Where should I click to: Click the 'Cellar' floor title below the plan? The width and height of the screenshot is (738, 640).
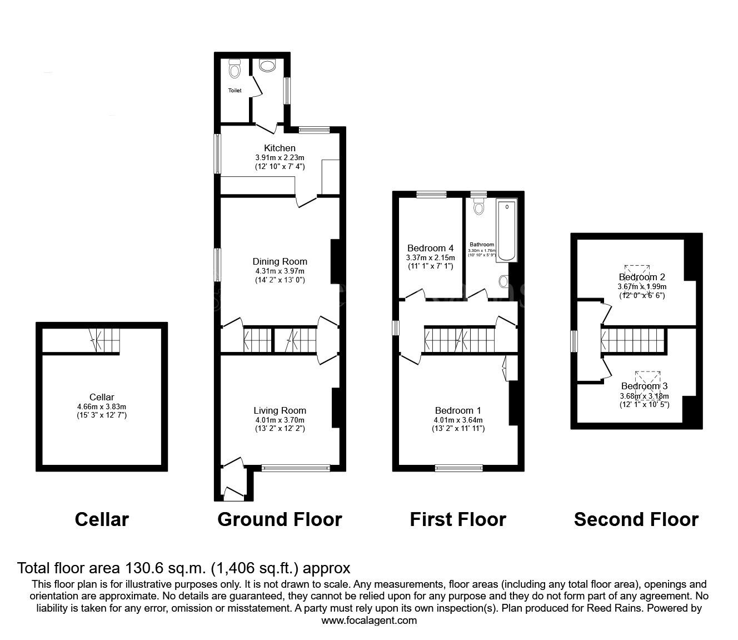(102, 519)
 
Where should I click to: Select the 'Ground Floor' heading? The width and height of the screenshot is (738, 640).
(280, 519)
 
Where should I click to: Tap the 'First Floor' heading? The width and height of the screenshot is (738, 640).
(458, 519)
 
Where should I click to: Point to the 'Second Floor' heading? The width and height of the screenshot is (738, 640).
(636, 519)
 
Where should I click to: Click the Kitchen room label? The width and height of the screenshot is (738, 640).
(280, 148)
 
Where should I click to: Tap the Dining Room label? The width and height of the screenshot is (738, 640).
(280, 261)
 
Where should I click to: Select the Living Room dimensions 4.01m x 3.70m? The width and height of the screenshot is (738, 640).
(280, 420)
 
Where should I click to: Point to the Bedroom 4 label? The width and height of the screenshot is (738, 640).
(430, 248)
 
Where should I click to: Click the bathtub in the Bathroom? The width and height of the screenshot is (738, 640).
(506, 231)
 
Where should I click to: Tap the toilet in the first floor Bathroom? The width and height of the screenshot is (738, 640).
(478, 208)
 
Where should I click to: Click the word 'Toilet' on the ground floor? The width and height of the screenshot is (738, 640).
(235, 90)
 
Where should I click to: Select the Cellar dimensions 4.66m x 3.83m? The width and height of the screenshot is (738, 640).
(102, 406)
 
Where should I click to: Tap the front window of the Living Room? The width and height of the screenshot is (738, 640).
(296, 468)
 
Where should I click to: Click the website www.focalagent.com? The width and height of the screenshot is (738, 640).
(369, 621)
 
